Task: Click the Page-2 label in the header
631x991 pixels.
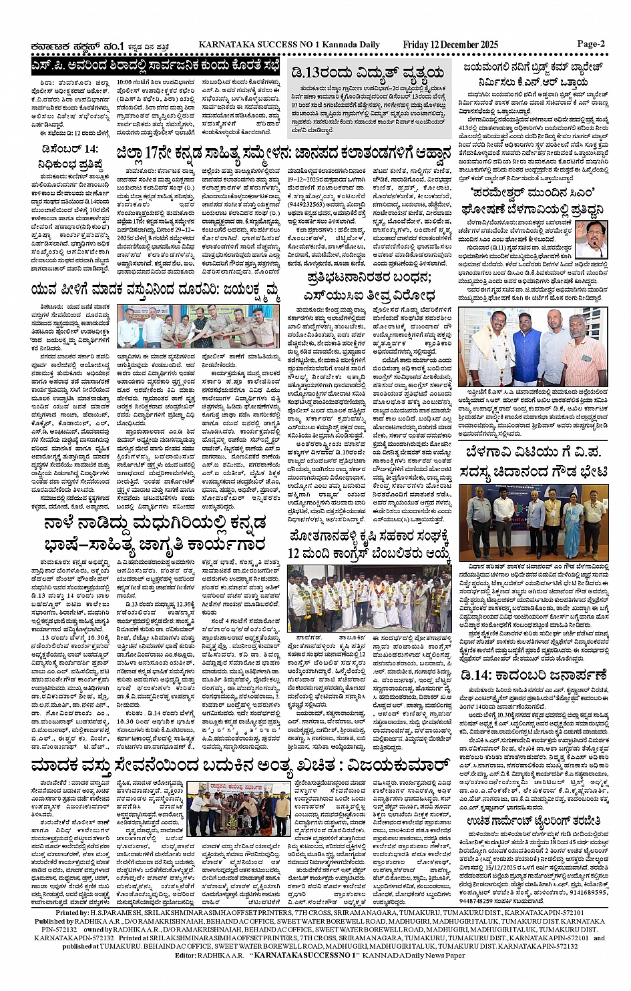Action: (590, 44)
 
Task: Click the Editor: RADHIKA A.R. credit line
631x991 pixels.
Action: (213, 955)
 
